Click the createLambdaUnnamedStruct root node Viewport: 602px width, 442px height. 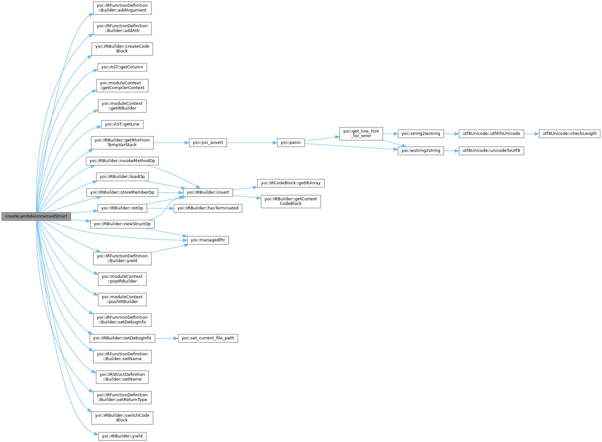tap(36, 216)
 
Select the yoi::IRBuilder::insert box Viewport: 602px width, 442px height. tap(207, 192)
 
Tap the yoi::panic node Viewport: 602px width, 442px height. tap(291, 143)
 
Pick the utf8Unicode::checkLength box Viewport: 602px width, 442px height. tap(569, 134)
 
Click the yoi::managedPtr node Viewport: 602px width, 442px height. tap(208, 240)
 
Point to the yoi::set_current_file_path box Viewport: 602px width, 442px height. tap(207, 338)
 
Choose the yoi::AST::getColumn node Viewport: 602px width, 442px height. tap(122, 67)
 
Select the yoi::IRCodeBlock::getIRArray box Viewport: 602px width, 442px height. tap(291, 183)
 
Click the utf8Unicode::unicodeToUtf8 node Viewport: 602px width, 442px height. tap(491, 151)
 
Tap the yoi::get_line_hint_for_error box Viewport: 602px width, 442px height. tap(361, 134)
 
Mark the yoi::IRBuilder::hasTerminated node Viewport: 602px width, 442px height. tap(208, 208)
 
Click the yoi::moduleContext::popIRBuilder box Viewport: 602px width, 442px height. tap(122, 279)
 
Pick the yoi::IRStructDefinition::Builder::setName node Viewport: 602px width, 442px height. tap(122, 377)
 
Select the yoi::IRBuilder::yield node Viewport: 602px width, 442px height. tap(122, 436)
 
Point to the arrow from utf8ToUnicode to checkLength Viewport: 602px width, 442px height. tap(531, 134)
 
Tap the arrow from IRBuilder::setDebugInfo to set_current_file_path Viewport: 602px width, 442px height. tap(166, 338)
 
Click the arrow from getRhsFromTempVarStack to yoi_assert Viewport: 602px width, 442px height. tap(171, 143)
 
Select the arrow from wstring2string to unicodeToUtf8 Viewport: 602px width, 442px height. tap(451, 151)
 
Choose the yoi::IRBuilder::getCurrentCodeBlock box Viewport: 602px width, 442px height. tap(291, 201)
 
